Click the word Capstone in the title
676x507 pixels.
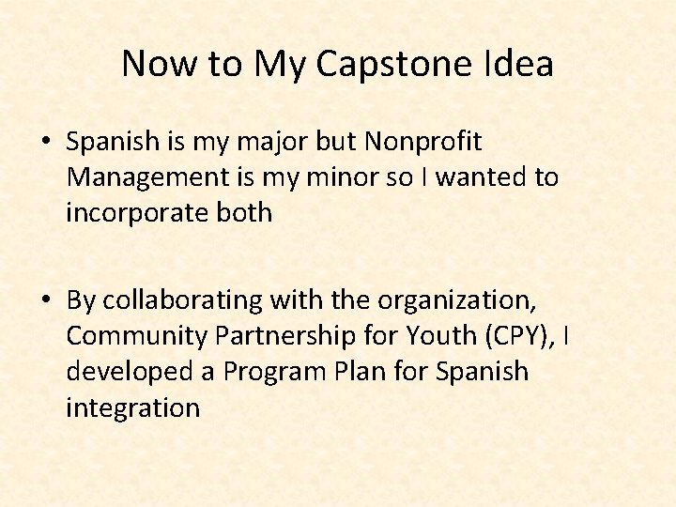coord(395,65)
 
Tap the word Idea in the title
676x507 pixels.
coord(517,65)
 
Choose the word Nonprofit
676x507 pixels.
coord(422,142)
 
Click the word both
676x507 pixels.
coord(243,213)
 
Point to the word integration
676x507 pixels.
coord(132,407)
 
